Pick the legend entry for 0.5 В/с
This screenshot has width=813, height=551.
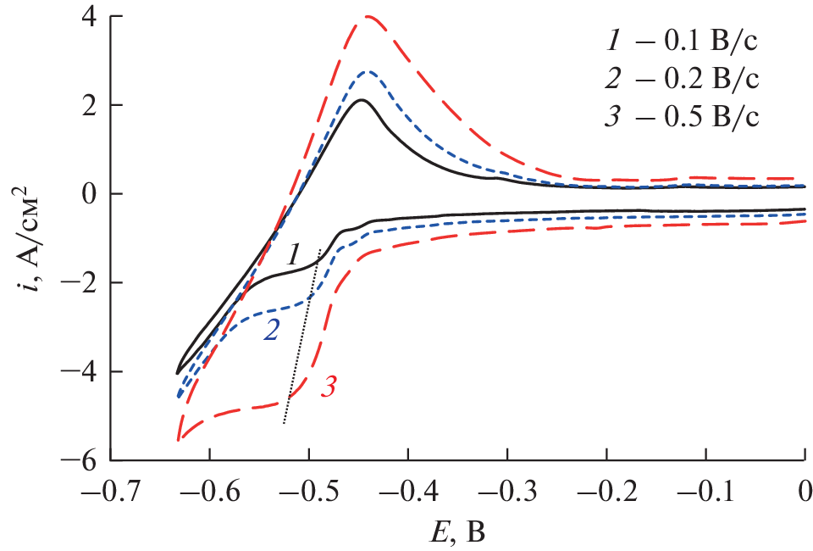click(683, 116)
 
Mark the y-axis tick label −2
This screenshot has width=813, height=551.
click(83, 283)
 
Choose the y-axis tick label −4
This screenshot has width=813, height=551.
click(83, 372)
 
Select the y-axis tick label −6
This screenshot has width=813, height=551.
click(83, 460)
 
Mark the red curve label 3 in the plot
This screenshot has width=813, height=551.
click(329, 389)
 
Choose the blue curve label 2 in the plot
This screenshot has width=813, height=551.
click(271, 331)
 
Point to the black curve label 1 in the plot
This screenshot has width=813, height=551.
click(293, 253)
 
